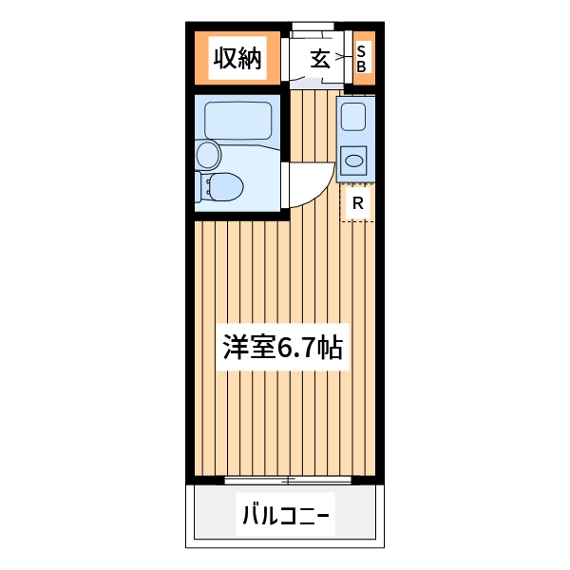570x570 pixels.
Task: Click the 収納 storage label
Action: pos(237,59)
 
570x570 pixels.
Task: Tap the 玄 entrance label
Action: pos(320,59)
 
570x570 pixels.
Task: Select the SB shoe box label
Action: pos(361,59)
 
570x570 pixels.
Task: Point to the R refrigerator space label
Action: pos(357,202)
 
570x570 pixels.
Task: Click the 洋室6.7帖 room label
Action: pos(282,348)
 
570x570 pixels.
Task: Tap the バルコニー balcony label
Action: pos(285,517)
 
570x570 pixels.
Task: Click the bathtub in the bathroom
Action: pos(238,120)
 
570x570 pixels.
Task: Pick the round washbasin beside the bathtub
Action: pos(207,154)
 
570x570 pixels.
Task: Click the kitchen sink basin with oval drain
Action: pos(355,160)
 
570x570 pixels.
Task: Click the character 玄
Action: pos(320,59)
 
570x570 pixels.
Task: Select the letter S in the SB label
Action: pos(361,51)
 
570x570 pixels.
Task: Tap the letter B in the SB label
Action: pos(361,66)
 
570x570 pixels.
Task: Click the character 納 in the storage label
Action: pos(249,59)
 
